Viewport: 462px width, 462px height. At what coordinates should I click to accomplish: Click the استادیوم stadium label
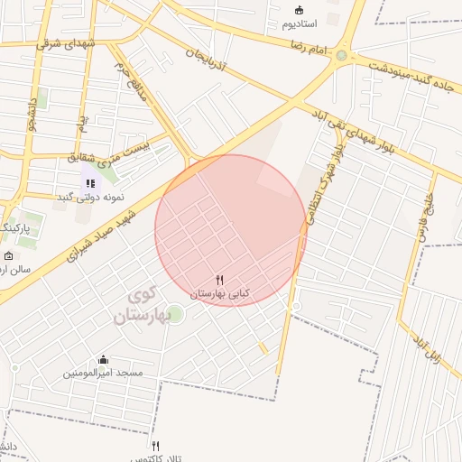pos(299,23)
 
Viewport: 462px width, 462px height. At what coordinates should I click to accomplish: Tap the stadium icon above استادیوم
pos(299,10)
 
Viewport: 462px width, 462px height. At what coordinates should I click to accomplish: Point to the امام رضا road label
pos(310,42)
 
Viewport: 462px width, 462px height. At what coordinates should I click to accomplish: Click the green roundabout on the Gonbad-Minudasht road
pos(341,56)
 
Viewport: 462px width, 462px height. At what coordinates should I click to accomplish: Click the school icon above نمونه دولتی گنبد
pos(90,183)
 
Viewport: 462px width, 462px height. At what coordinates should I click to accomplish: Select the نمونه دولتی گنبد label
pos(91,197)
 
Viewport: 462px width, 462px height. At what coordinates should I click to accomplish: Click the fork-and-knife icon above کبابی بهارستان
pos(219,281)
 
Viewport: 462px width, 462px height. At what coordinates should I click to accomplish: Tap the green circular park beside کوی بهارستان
pos(175,314)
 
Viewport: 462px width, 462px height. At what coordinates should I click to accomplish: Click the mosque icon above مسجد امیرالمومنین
pos(103,359)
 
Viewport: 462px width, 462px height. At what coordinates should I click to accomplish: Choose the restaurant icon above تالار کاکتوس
pos(156,446)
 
